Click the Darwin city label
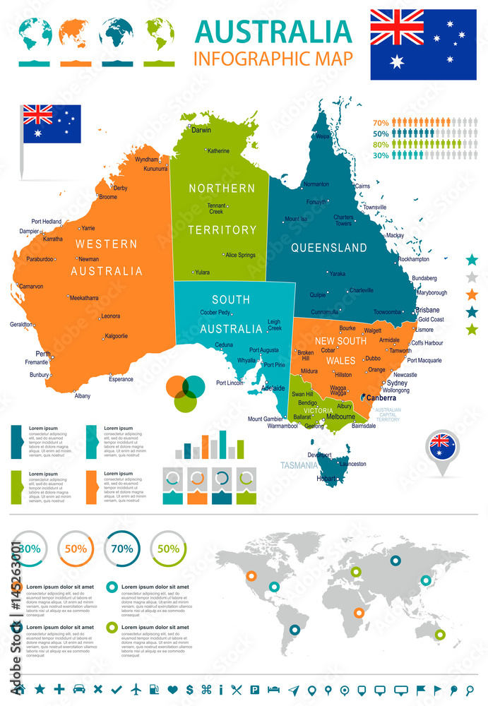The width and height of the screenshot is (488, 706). pos(202,130)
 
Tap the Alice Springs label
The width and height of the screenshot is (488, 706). pos(241,255)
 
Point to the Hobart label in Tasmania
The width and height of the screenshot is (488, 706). pos(326,479)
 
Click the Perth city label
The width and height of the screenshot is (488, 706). pos(44,354)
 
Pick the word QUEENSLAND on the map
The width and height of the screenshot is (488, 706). pos(329,248)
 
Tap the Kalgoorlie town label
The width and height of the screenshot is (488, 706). pos(116,336)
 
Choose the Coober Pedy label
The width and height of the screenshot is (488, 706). pos(215,313)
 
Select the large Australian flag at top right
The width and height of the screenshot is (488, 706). pos(423,44)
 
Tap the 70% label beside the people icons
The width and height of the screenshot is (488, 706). pos(381,122)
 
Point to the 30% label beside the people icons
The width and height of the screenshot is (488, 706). pos(381,155)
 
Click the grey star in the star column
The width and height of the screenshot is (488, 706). pos(472,277)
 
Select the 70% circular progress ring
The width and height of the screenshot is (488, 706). pos(121,548)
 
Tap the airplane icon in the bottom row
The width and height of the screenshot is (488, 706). pos(136,688)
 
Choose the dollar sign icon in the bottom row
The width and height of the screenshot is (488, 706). pos(190,688)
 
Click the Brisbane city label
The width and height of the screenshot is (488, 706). pos(427,310)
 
